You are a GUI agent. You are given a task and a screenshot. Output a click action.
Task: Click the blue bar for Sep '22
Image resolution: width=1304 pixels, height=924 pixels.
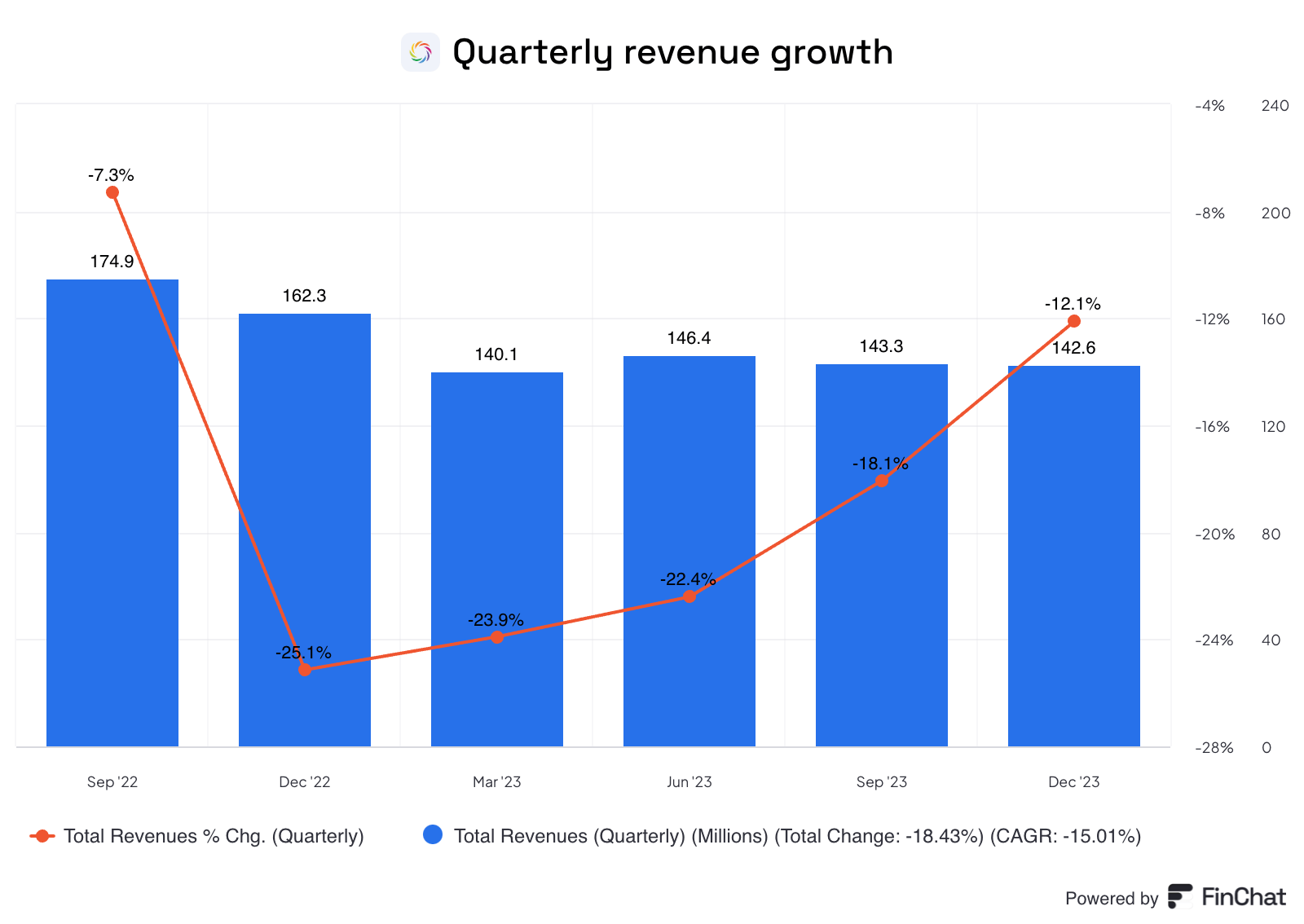(x=112, y=513)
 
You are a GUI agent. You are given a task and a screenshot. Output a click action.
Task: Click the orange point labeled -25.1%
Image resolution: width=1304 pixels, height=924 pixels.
(x=305, y=669)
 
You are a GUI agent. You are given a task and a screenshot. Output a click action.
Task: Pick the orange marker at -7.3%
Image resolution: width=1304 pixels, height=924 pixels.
(x=112, y=192)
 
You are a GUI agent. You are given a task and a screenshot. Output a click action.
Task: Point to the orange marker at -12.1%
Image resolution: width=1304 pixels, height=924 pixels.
(x=1074, y=321)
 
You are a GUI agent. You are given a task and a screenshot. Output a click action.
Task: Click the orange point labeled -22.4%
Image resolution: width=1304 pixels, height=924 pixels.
(x=689, y=596)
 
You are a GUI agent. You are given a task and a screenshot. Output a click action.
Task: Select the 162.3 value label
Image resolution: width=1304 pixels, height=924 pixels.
(x=304, y=296)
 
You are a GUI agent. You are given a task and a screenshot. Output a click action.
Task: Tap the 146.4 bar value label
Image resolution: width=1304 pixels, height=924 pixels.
(x=689, y=338)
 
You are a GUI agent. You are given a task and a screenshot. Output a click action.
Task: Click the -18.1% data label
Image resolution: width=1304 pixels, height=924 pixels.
(x=880, y=464)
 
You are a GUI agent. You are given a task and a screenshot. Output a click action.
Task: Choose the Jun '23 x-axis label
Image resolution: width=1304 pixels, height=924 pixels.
(x=689, y=782)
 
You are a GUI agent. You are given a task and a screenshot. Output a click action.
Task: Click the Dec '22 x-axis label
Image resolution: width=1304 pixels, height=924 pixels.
(x=305, y=782)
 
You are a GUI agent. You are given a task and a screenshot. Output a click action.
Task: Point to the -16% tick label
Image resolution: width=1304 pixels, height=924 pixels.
(x=1212, y=427)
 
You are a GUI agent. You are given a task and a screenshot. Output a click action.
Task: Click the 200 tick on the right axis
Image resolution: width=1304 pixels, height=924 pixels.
(x=1275, y=213)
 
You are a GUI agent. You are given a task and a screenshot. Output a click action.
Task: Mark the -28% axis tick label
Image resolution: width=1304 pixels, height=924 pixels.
(x=1214, y=748)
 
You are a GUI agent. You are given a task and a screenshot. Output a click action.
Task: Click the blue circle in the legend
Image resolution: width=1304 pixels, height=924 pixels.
(x=433, y=835)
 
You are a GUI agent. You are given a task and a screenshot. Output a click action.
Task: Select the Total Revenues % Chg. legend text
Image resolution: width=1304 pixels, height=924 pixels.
(x=214, y=836)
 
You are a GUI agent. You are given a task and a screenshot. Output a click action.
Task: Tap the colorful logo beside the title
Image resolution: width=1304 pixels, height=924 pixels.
(x=421, y=52)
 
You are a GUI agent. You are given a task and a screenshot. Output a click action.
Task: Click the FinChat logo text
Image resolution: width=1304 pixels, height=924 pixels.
(x=1243, y=897)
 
